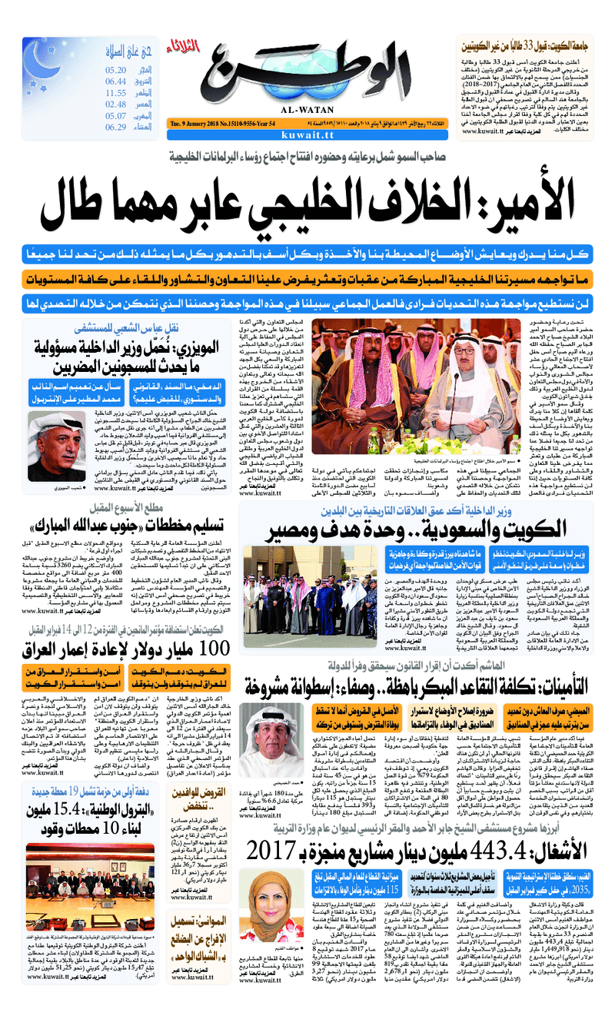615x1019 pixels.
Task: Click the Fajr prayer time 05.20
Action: click(x=117, y=69)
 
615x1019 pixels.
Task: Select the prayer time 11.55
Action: click(x=116, y=92)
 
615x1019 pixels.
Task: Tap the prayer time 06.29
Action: click(x=116, y=127)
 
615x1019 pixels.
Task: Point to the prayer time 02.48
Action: click(x=116, y=104)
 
